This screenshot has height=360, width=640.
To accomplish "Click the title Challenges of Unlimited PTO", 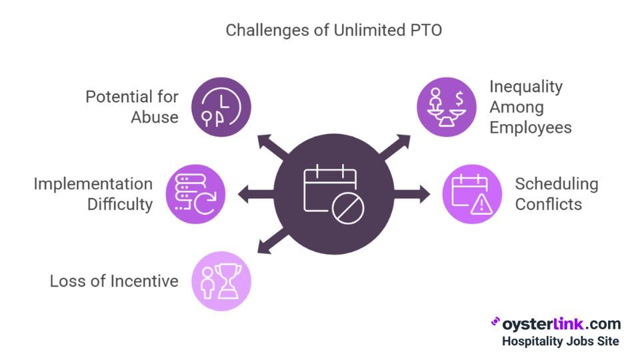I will point(320,30).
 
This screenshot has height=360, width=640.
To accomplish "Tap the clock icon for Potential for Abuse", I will point(221,107).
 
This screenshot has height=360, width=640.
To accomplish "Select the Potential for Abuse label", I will point(132,107).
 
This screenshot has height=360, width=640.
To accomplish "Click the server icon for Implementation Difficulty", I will point(195,194).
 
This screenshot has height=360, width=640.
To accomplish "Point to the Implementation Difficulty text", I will point(93,194).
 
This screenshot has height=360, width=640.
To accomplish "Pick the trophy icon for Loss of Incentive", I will point(221,281).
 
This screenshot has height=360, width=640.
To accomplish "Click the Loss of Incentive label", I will point(114,281).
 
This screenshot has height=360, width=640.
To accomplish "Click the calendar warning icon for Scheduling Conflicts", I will point(472,194).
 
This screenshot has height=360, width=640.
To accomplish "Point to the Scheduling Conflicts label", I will point(556,194).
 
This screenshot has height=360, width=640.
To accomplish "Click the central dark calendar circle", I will point(333,194).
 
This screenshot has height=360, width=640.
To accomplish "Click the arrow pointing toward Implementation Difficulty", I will point(253,194).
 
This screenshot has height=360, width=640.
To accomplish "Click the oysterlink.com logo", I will point(556,324).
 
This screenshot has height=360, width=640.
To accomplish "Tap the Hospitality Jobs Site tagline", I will point(560,341).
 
